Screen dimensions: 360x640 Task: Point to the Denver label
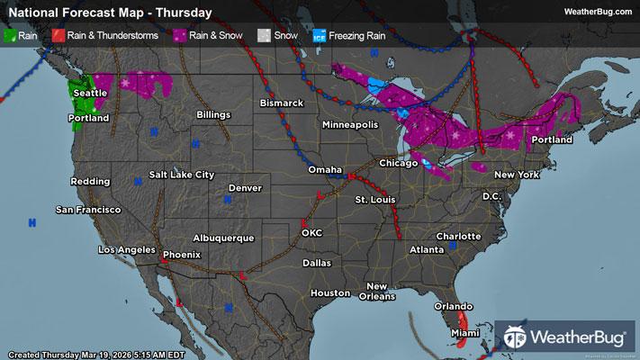click(x=244, y=188)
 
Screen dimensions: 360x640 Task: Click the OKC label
click(x=312, y=232)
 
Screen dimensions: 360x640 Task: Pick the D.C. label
click(x=491, y=196)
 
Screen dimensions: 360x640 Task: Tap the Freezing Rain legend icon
click(x=320, y=36)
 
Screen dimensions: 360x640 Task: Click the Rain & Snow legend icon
click(x=181, y=36)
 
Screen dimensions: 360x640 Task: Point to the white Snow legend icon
click(x=264, y=36)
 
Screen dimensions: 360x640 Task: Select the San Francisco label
click(x=88, y=210)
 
